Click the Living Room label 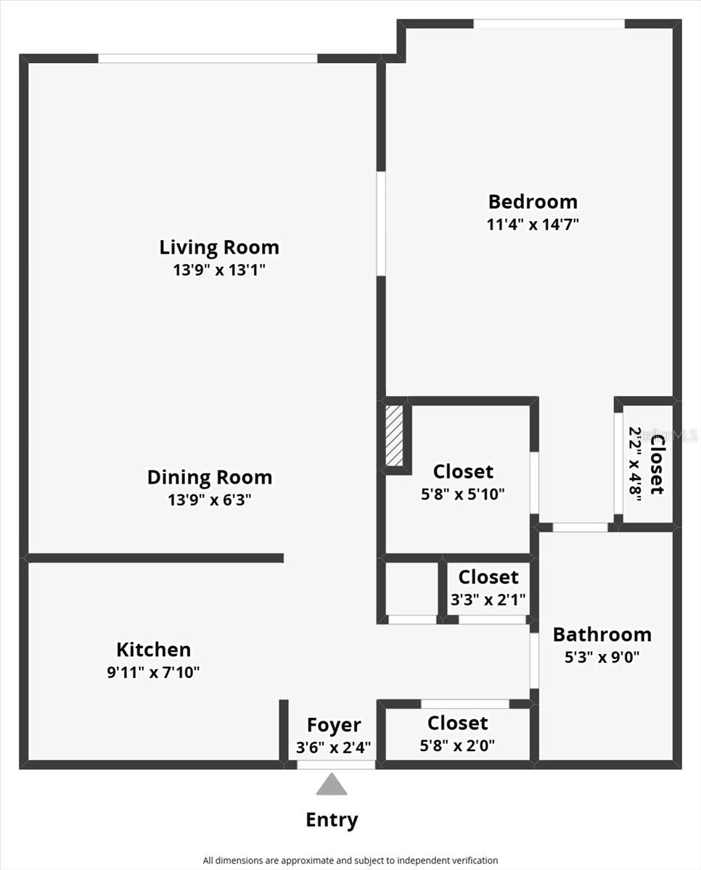[x=219, y=247]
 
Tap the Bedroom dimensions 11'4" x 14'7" [x=533, y=224]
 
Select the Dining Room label [x=210, y=478]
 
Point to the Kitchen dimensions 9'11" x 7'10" [x=153, y=672]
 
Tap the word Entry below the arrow [x=332, y=820]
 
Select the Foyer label [x=334, y=725]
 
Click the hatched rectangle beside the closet [x=394, y=435]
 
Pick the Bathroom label [x=602, y=634]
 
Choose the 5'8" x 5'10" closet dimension [x=463, y=494]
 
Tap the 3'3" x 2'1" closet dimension [x=488, y=600]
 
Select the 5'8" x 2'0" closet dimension [x=457, y=745]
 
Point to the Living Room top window [x=208, y=58]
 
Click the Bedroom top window [x=549, y=24]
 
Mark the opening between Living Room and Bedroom [x=381, y=223]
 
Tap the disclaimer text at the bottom [x=350, y=861]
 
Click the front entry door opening [x=336, y=764]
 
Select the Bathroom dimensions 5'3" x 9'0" [x=602, y=658]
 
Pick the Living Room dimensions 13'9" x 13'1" [x=219, y=270]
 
